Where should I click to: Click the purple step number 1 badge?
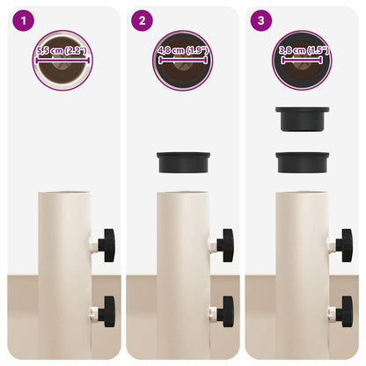click(x=24, y=21)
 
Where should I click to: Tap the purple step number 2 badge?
click(x=142, y=21)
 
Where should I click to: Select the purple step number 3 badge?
click(x=261, y=21)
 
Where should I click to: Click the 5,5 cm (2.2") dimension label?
click(x=62, y=51)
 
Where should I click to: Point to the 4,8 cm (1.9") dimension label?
click(x=183, y=51)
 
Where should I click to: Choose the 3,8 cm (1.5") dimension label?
click(x=304, y=51)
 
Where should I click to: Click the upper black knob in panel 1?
click(x=106, y=245)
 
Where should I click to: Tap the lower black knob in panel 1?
click(x=106, y=312)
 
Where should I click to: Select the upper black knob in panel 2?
click(x=225, y=245)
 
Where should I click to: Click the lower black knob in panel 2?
click(x=225, y=312)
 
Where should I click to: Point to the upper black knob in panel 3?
click(x=344, y=245)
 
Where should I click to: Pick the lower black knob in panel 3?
click(x=344, y=312)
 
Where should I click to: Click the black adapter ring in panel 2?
click(x=183, y=162)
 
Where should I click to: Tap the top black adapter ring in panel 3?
click(x=303, y=119)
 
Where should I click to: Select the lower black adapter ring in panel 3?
click(x=303, y=162)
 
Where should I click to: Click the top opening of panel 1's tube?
click(x=64, y=193)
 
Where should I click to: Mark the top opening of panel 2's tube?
click(x=183, y=193)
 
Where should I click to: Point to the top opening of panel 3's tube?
click(x=303, y=193)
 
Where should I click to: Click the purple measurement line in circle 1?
click(x=62, y=61)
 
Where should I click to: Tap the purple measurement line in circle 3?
click(x=302, y=61)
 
